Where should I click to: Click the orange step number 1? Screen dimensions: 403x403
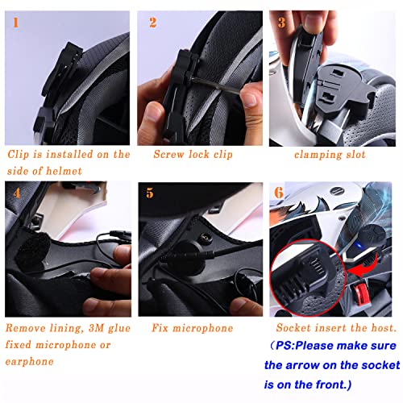[14, 22]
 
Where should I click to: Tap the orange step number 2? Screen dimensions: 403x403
[152, 23]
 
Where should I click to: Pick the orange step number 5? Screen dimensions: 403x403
[149, 193]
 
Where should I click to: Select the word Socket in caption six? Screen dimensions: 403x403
[296, 328]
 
